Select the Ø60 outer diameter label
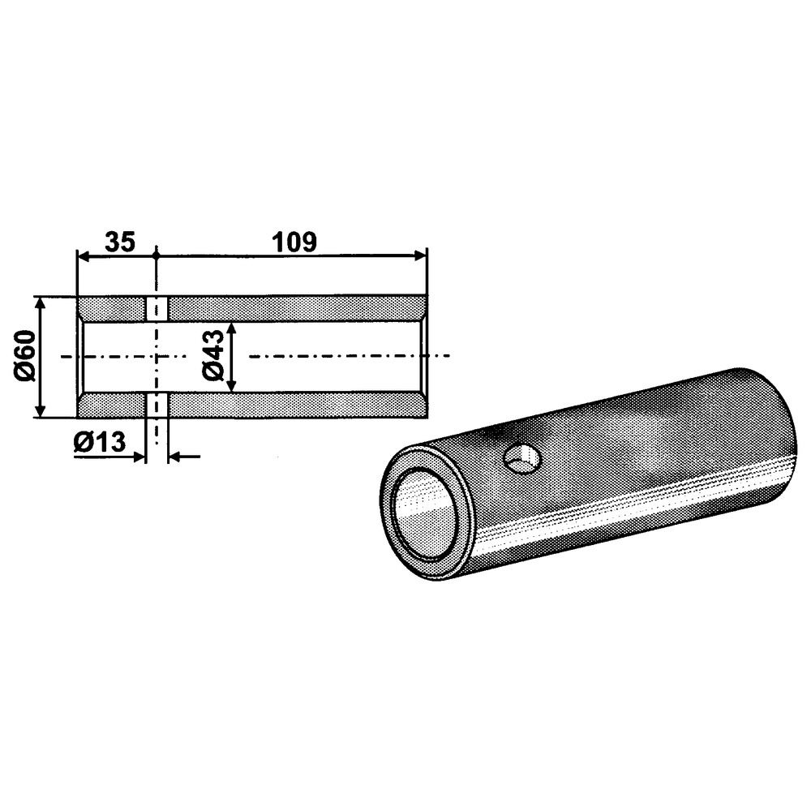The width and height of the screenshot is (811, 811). (x=25, y=358)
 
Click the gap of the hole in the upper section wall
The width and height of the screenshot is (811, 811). (x=157, y=308)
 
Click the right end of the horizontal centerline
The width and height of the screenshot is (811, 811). (x=445, y=356)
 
